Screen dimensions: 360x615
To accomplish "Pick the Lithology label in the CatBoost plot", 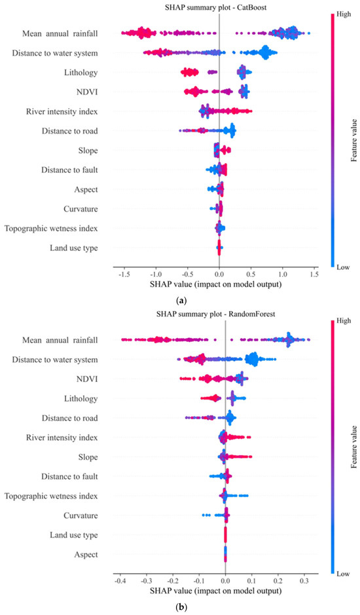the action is [x=81, y=73].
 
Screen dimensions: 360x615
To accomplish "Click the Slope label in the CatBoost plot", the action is [x=88, y=151].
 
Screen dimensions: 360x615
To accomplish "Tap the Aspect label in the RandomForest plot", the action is [x=86, y=555].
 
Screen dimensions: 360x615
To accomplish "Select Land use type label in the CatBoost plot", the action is [x=74, y=248].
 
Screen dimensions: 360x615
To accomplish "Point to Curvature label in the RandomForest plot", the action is [x=81, y=515].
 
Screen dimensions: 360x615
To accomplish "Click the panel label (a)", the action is [x=180, y=301].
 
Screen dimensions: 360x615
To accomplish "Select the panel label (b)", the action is [x=180, y=607].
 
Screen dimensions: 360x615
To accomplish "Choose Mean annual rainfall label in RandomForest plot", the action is [x=55, y=340].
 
